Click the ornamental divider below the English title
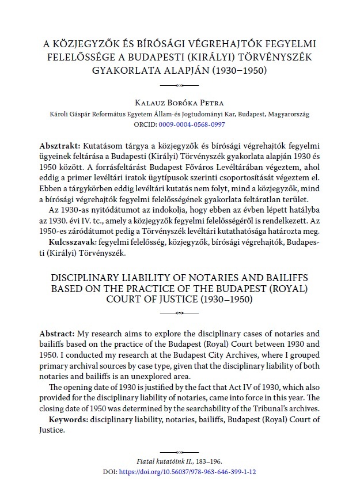click(x=180, y=313)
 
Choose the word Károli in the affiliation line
click(x=60, y=114)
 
